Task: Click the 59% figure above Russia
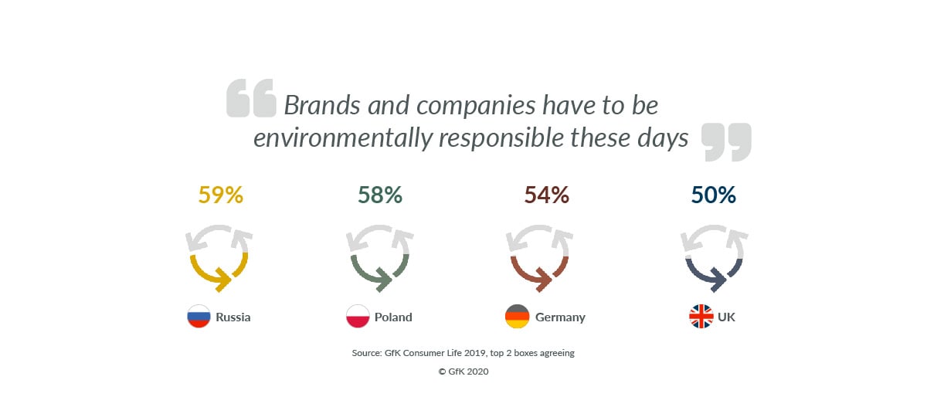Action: pos(221,195)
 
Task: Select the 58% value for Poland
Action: pos(380,195)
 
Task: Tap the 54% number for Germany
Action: pos(547,195)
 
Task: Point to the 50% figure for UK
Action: pos(714,195)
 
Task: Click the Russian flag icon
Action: pos(199,316)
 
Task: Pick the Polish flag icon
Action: pos(358,316)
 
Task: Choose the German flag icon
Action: pos(518,316)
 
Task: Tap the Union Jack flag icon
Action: pos(701,316)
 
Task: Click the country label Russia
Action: pos(233,317)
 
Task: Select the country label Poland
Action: pos(393,317)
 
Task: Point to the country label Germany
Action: pos(560,317)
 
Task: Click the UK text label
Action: pos(726,317)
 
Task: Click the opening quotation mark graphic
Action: pos(251,98)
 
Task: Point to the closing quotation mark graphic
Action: pos(726,142)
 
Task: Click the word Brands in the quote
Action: pos(322,105)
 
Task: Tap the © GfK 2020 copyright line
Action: pos(463,372)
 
